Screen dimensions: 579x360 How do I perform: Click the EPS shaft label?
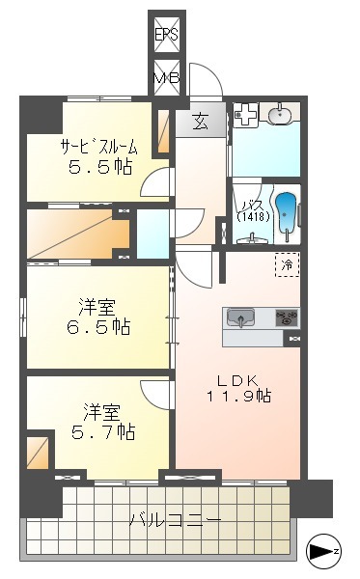pos(166,37)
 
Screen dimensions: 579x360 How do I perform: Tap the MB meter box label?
pos(166,77)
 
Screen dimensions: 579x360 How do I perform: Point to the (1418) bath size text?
pos(252,217)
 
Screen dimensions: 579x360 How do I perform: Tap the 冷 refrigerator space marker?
pos(287,262)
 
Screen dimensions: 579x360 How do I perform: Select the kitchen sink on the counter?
pos(241,317)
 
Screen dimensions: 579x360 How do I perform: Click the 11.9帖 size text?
pos(237,397)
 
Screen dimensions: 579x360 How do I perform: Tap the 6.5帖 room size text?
pos(98,327)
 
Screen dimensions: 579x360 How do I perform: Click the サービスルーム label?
pos(98,148)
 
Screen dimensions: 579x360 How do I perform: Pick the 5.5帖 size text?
pos(98,167)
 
